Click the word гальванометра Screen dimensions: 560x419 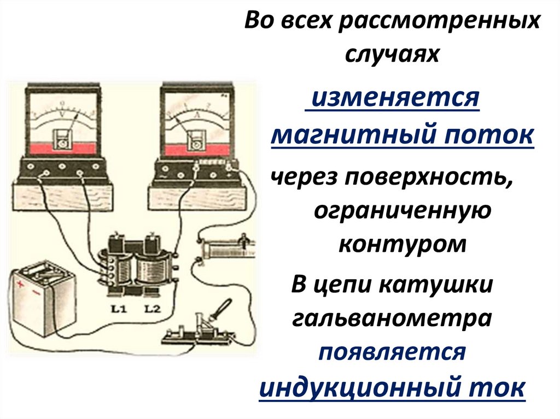point(392,318)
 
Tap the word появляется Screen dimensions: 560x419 point(392,352)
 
